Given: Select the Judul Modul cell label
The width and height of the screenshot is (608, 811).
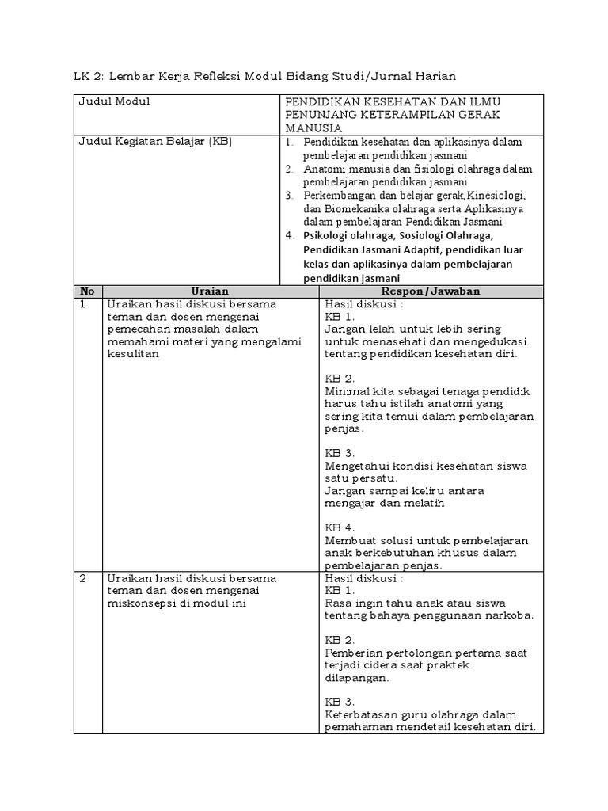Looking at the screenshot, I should point(113,101).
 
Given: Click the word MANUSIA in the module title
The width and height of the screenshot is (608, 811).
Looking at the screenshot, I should point(314,128).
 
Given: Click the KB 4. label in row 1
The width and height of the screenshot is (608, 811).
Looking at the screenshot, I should point(340,527).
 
